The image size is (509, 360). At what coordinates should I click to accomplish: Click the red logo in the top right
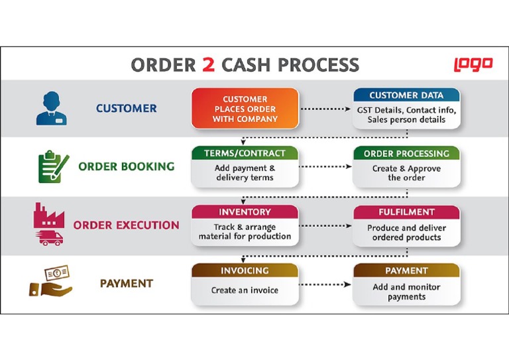pyautogui.click(x=473, y=64)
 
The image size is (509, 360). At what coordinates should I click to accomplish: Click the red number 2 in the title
pyautogui.click(x=208, y=65)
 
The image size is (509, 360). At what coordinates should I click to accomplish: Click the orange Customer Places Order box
pyautogui.click(x=245, y=109)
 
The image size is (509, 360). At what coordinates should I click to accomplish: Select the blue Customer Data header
pyautogui.click(x=406, y=95)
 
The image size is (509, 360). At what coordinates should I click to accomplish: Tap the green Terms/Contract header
pyautogui.click(x=245, y=153)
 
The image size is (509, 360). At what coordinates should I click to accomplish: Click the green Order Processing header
pyautogui.click(x=406, y=154)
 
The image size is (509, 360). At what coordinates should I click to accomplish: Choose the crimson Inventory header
pyautogui.click(x=245, y=212)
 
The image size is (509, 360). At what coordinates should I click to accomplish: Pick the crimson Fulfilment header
pyautogui.click(x=406, y=213)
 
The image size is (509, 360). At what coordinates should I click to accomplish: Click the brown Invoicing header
pyautogui.click(x=245, y=270)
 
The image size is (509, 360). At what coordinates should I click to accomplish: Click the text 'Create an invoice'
pyautogui.click(x=245, y=290)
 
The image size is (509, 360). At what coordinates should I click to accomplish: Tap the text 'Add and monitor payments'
pyautogui.click(x=406, y=292)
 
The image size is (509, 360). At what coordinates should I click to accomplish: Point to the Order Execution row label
pyautogui.click(x=126, y=225)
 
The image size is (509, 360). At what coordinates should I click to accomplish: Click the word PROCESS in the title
pyautogui.click(x=318, y=65)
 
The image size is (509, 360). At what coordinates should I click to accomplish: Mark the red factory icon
pyautogui.click(x=47, y=216)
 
